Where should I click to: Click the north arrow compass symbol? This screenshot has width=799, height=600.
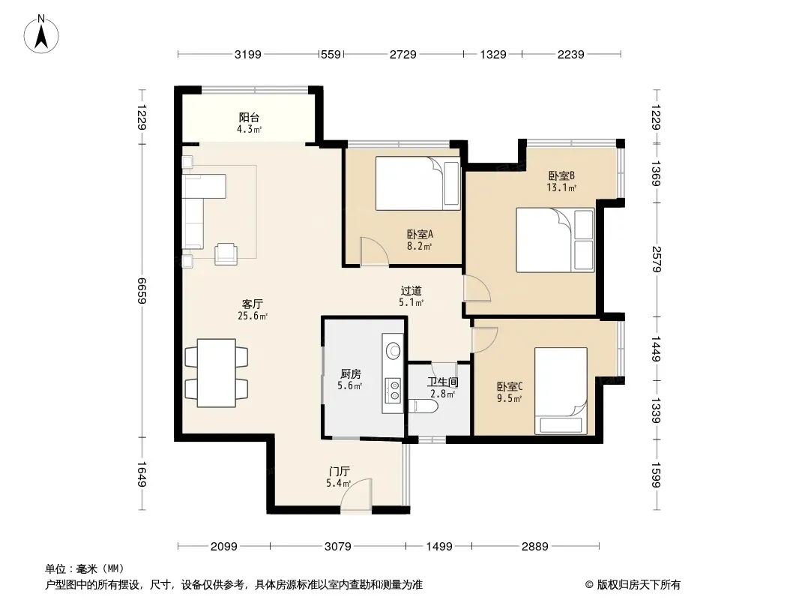[41, 34]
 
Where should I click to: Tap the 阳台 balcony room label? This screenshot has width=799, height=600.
[249, 118]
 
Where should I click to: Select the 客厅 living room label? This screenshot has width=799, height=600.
[253, 304]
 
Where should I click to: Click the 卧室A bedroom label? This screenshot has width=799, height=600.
[420, 235]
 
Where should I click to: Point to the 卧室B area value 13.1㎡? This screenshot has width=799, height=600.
[561, 187]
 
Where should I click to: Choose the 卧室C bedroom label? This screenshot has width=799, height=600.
[510, 387]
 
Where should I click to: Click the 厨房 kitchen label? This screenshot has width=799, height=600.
[351, 374]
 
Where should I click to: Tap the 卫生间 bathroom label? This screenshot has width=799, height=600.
[442, 382]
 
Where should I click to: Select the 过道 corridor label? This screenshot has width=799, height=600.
[411, 290]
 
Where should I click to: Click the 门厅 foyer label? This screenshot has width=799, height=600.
[339, 472]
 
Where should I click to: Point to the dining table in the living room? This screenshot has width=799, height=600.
[217, 373]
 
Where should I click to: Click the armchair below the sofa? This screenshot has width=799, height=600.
[226, 253]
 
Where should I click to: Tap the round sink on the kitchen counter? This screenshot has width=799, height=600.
[393, 350]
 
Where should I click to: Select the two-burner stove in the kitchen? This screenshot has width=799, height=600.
[393, 390]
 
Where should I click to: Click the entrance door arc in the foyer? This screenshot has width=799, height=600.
[356, 493]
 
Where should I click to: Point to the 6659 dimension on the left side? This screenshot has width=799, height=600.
[142, 290]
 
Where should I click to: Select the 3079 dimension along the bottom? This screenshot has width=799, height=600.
[338, 547]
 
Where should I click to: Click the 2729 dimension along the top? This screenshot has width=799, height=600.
[403, 54]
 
